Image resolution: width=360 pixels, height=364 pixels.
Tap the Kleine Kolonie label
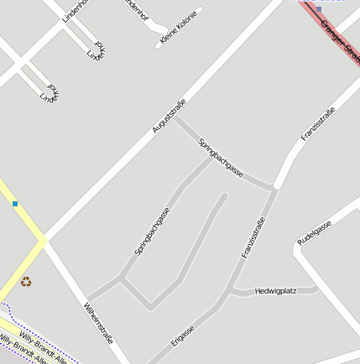tap(177, 26)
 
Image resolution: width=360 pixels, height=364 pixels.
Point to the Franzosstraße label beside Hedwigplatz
tap(253, 237)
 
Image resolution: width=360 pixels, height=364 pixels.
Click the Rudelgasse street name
tap(315, 232)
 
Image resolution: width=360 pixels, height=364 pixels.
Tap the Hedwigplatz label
tap(275, 290)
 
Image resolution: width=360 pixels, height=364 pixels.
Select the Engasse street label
tap(182, 335)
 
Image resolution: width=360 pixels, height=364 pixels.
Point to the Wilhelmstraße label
tap(98, 323)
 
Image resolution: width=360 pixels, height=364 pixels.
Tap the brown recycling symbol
tap(25, 282)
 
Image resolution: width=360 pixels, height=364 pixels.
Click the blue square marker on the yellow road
tap(14, 203)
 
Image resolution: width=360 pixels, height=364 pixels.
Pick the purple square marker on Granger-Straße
tap(319, 8)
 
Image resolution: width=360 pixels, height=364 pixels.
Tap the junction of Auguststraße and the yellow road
tap(43, 242)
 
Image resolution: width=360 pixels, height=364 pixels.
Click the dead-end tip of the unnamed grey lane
tap(225, 196)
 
